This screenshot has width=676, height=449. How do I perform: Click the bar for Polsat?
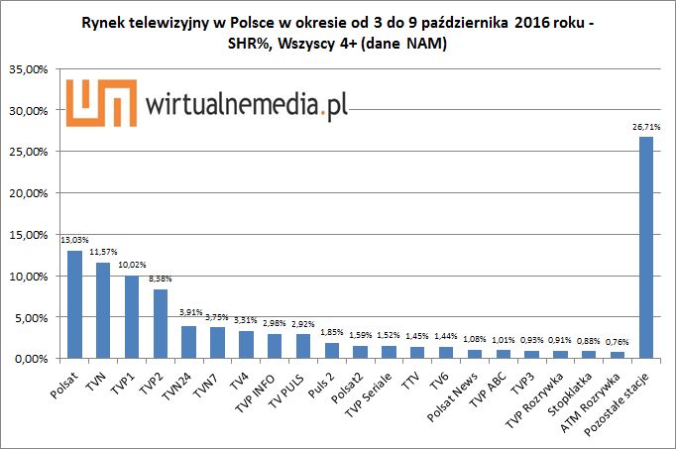coord(74,304)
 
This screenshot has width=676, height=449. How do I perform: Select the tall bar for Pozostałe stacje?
coord(645,247)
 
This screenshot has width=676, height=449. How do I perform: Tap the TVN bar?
coord(103,310)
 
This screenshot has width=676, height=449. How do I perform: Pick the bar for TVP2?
coord(160,323)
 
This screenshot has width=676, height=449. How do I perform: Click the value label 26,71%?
coord(645,127)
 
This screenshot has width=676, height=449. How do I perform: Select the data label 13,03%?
coord(74,240)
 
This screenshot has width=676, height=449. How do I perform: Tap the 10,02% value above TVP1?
coord(132,266)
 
